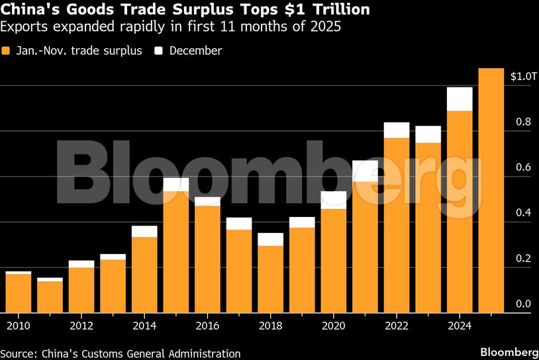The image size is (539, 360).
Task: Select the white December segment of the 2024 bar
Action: click(460, 99)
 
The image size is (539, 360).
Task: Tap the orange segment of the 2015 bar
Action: click(175, 251)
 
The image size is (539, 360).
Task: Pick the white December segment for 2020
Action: click(333, 200)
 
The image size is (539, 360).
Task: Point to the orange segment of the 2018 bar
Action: click(270, 279)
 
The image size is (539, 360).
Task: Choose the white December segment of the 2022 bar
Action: click(396, 130)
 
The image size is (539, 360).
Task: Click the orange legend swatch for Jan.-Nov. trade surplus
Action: click(6, 51)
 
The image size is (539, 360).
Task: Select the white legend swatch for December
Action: click(159, 51)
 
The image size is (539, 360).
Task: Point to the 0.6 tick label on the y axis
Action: click(523, 168)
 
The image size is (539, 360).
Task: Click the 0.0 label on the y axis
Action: click(523, 304)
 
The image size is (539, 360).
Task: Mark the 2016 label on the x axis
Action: click(208, 326)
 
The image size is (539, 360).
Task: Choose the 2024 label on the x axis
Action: click(460, 326)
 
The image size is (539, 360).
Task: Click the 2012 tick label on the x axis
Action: click(81, 326)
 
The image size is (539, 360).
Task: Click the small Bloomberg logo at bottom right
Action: click(509, 351)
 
